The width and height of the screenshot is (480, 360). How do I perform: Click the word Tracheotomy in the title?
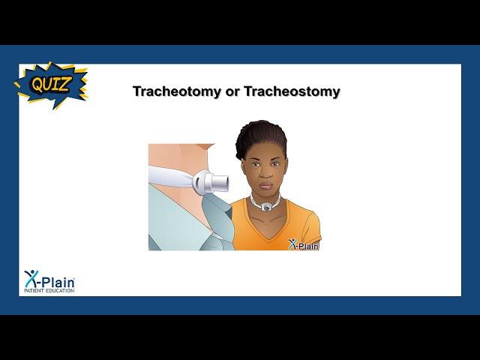[177, 91]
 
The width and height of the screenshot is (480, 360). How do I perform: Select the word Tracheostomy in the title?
[292, 91]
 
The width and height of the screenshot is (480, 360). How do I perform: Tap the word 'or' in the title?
[232, 92]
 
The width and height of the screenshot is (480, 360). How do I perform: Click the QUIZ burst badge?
[51, 85]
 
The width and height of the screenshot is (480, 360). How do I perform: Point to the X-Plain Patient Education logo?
[49, 281]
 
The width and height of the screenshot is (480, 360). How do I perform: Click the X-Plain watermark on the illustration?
[303, 244]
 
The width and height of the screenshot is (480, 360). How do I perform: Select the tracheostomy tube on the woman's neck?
[265, 205]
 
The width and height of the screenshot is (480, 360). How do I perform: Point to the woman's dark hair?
[261, 138]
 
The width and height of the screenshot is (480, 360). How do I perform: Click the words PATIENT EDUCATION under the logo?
[49, 290]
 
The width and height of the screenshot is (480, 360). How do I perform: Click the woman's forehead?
[264, 152]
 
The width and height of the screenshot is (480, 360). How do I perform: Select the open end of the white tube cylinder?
[225, 183]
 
